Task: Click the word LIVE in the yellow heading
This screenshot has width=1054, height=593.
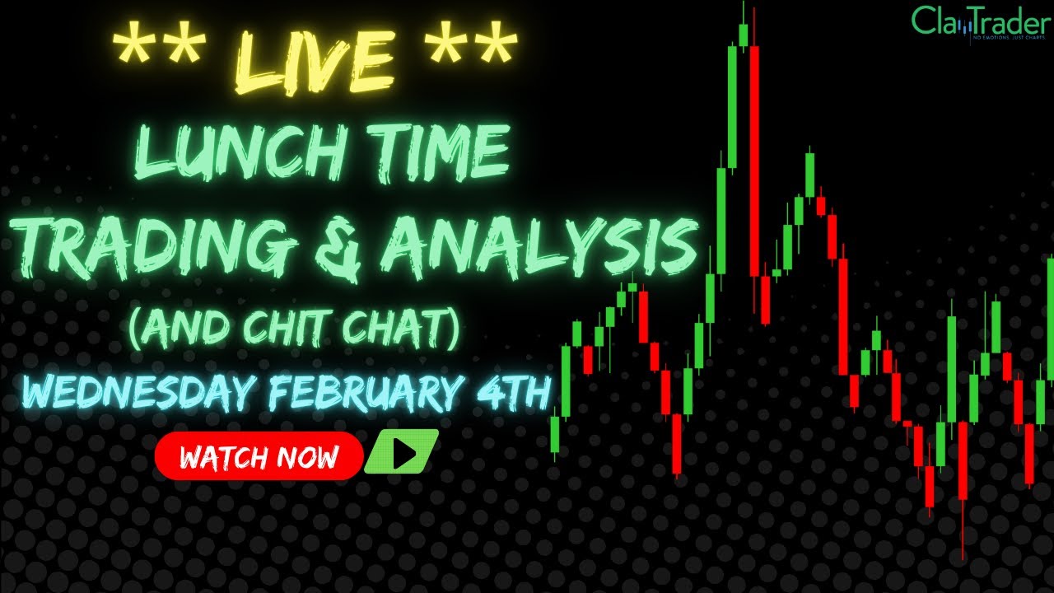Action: (316, 59)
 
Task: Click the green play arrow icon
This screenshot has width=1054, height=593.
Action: (402, 454)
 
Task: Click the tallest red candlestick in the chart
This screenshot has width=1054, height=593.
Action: (754, 161)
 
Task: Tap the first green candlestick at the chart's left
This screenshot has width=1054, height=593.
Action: (555, 435)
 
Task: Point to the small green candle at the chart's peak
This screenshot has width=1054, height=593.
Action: (743, 35)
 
